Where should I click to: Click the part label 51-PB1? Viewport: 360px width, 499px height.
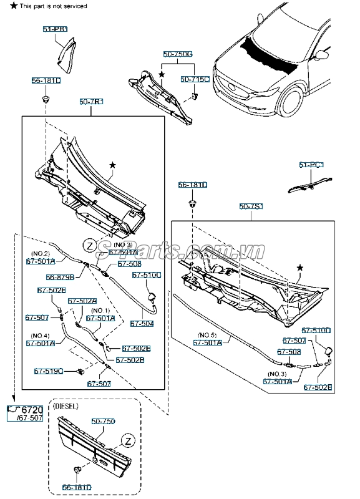pos(56,29)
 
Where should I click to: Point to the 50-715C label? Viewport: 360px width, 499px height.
pos(194,80)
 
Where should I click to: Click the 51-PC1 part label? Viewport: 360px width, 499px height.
pos(311,165)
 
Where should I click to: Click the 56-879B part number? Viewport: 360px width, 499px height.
pos(60,276)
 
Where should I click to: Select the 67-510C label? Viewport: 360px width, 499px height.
pos(146,274)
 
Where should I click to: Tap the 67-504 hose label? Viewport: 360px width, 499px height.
pos(142,323)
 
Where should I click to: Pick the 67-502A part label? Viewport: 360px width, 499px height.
pos(82,301)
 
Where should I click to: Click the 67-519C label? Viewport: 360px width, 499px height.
pos(48,371)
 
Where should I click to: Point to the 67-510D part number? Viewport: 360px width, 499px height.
pos(316,330)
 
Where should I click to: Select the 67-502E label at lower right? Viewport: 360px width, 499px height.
pos(318,387)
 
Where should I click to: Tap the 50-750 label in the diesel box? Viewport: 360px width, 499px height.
pos(104,422)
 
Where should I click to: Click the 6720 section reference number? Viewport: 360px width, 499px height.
pos(32,410)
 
